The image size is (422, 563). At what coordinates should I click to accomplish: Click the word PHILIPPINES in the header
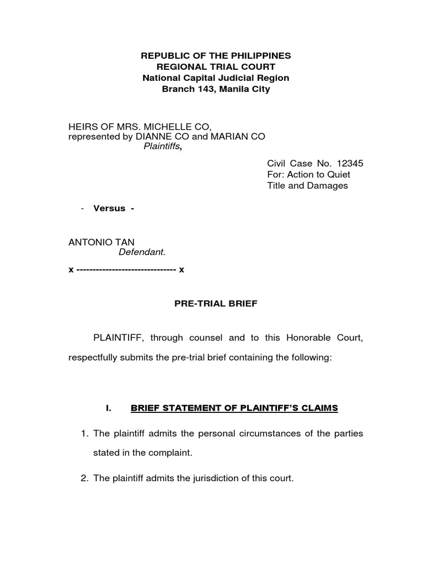click(x=260, y=56)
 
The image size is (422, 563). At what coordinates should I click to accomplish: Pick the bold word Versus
click(x=109, y=208)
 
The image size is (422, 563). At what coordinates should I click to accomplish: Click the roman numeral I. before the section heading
click(x=108, y=408)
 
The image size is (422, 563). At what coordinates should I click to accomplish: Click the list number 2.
click(x=85, y=478)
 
